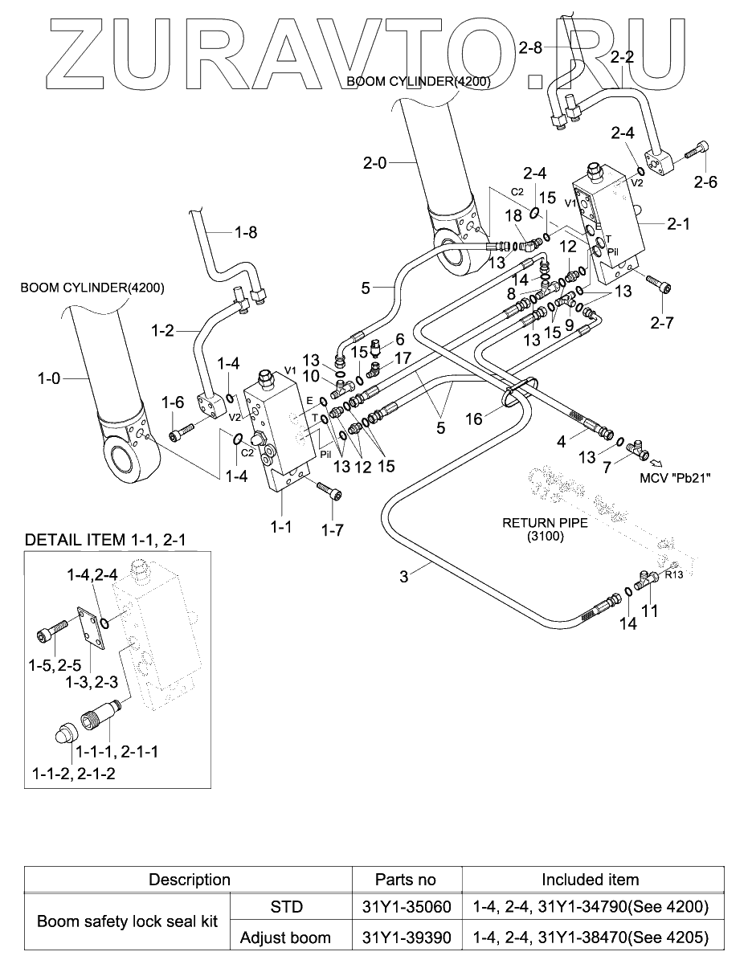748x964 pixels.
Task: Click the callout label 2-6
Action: pos(706,182)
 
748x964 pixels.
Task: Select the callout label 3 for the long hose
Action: pos(404,575)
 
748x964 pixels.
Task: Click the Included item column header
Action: pos(590,879)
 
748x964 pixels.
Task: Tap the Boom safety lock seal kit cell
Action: pos(127,922)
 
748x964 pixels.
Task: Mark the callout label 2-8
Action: pos(530,49)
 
